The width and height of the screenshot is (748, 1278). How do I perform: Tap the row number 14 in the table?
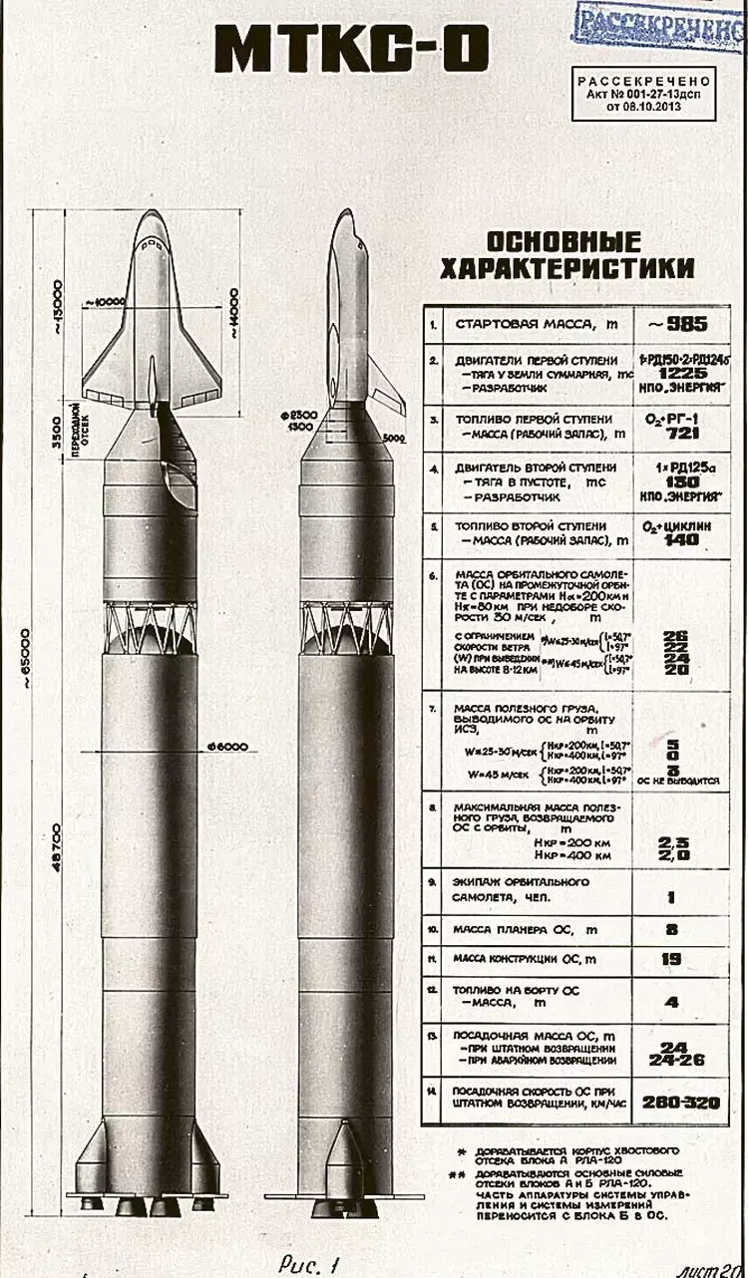[433, 1093]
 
